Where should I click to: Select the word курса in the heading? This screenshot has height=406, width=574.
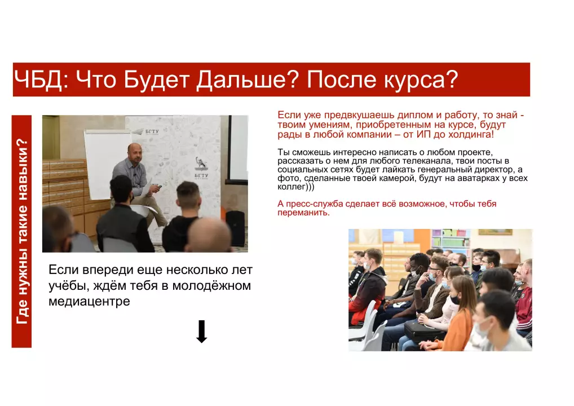[x=421, y=80]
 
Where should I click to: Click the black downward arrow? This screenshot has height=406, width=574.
[x=202, y=332]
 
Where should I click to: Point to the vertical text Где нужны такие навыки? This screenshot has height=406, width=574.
[x=22, y=231]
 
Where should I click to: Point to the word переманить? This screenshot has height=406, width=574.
[x=303, y=213]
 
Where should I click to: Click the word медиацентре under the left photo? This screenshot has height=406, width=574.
[x=89, y=301]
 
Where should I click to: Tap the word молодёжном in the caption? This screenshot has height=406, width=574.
[x=211, y=286]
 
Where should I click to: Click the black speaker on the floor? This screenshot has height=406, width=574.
[x=235, y=228]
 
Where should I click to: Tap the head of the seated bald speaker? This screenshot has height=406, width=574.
[x=134, y=153]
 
